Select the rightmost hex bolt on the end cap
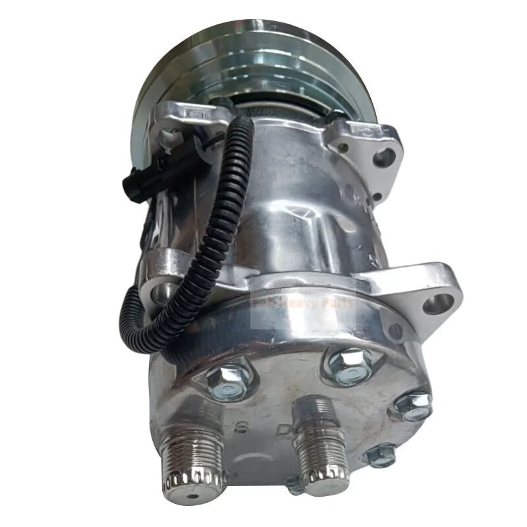[412, 406]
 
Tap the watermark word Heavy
[310, 304]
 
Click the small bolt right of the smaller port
[381, 455]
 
